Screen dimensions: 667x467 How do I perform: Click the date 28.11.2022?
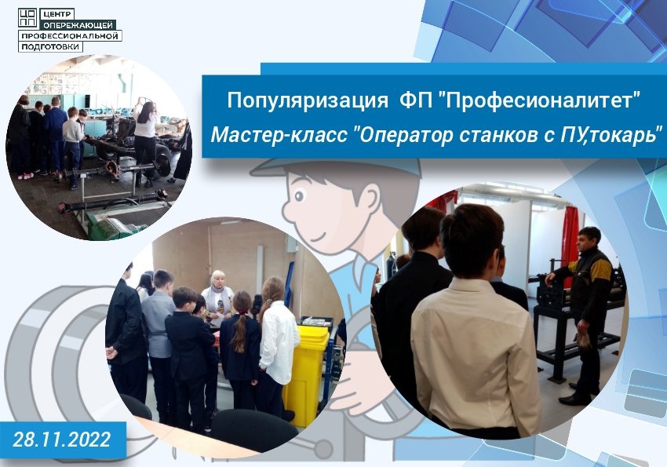[62, 440]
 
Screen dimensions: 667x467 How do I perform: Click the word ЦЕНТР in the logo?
[56, 14]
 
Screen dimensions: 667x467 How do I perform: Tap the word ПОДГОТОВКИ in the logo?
[50, 46]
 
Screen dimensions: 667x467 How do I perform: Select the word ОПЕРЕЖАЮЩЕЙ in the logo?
[78, 25]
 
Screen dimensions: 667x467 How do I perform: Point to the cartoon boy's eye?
[300, 196]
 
